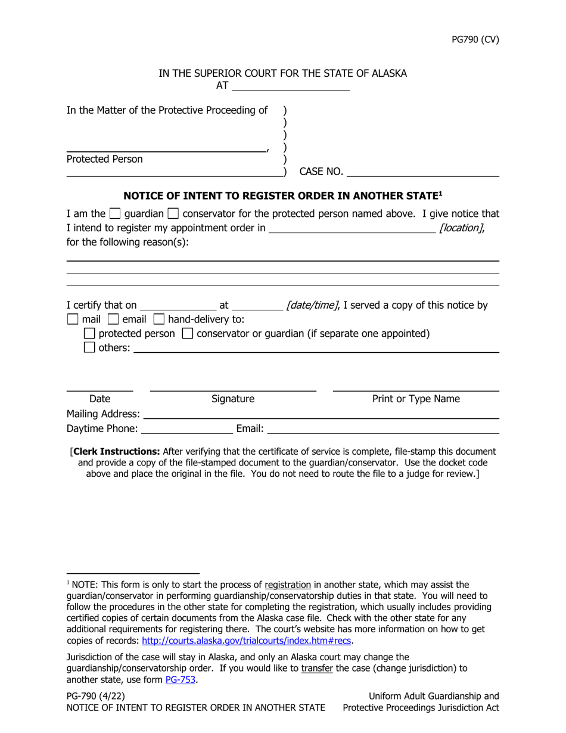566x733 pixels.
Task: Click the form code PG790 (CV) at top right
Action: pyautogui.click(x=475, y=40)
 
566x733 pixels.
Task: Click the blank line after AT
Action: pyautogui.click(x=290, y=86)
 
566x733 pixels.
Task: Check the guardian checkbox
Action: pyautogui.click(x=116, y=214)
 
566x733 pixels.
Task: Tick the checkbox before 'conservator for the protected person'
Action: pyautogui.click(x=173, y=214)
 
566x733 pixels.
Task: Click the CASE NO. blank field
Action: pyautogui.click(x=422, y=172)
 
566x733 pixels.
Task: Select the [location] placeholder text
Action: pyautogui.click(x=461, y=228)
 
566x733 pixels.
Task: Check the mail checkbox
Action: pyautogui.click(x=72, y=319)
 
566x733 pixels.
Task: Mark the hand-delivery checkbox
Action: pyautogui.click(x=159, y=319)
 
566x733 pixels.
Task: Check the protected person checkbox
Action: pyautogui.click(x=89, y=334)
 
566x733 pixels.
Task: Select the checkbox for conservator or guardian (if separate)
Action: pyautogui.click(x=187, y=334)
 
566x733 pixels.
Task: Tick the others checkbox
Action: pyautogui.click(x=89, y=348)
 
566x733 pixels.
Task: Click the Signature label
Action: pyautogui.click(x=233, y=399)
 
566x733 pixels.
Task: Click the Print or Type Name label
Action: pyautogui.click(x=416, y=399)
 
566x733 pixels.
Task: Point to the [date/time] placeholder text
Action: pyautogui.click(x=312, y=305)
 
